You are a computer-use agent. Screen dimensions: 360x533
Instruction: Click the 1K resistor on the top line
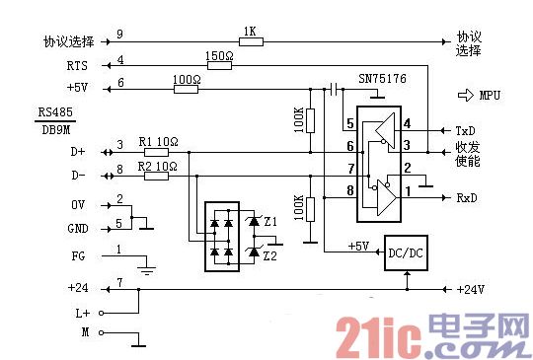(x=250, y=43)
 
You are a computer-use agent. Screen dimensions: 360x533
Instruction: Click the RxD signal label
(x=467, y=197)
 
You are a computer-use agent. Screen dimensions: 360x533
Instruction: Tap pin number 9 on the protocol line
(x=119, y=35)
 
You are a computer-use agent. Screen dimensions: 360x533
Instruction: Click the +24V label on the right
(x=471, y=289)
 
